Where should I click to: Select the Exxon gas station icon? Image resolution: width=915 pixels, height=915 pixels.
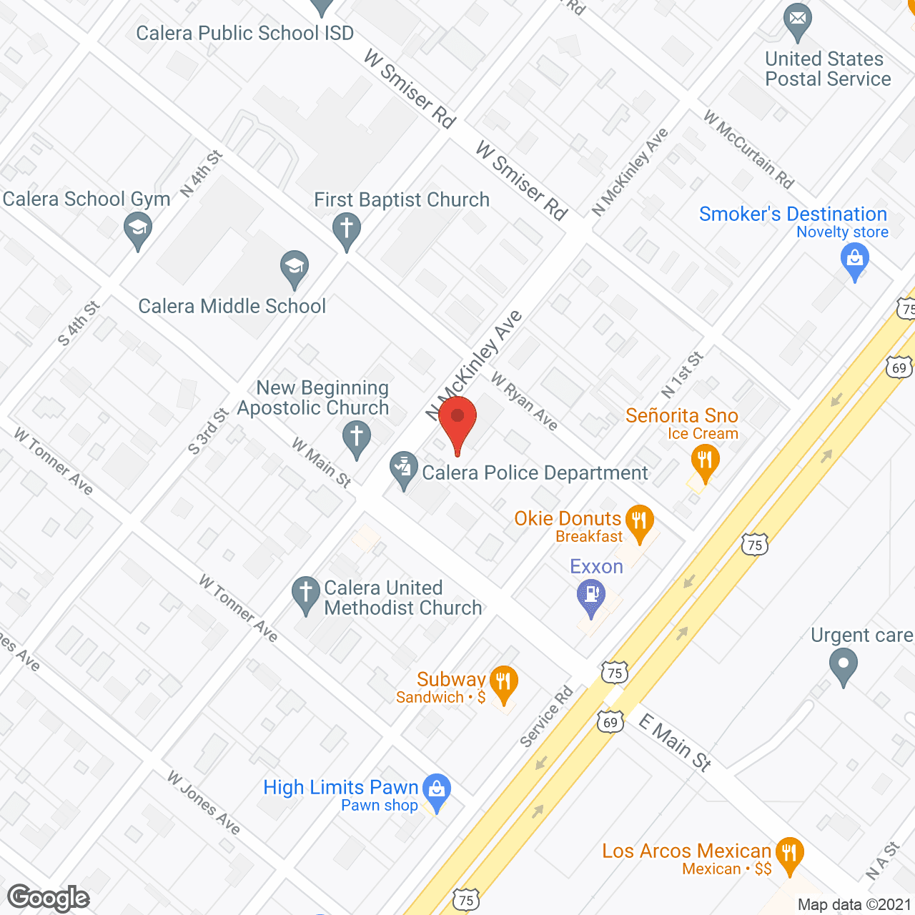click(x=591, y=595)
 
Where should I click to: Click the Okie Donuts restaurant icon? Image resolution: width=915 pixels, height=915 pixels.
click(x=639, y=521)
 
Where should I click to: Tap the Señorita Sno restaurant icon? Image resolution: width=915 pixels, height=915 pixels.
click(x=705, y=461)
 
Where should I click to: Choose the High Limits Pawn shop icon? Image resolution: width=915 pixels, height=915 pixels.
click(x=436, y=790)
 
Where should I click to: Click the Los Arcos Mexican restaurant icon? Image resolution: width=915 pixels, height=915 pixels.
click(x=789, y=854)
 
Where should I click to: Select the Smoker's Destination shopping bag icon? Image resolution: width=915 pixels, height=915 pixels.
click(x=855, y=259)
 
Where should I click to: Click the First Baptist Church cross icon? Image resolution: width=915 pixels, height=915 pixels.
click(x=347, y=229)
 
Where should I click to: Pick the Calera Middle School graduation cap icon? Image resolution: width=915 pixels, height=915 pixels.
click(x=295, y=267)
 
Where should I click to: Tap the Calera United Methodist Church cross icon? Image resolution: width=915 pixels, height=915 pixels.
click(x=306, y=593)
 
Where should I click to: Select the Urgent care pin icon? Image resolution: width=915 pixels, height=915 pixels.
click(x=844, y=664)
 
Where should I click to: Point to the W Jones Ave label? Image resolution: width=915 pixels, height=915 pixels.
click(x=204, y=802)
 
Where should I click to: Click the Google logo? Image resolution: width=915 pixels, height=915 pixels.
click(x=49, y=898)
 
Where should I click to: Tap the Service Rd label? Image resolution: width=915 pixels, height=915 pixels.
click(x=547, y=716)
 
